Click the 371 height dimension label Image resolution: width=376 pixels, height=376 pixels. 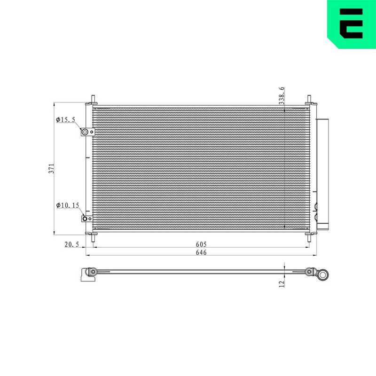pos(51,169)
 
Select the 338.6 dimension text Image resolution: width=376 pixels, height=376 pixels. pos(282,95)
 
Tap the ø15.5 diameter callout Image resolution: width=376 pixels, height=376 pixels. pos(65,119)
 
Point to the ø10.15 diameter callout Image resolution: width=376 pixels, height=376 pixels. pos(68,205)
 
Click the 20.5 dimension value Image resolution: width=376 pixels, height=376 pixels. pos(72,244)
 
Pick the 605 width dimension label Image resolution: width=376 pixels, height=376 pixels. pos(201,244)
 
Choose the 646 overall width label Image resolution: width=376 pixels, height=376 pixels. pos(201,252)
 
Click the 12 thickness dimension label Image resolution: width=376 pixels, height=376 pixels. pos(282,284)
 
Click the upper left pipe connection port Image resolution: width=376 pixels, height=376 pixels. pos(85,132)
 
